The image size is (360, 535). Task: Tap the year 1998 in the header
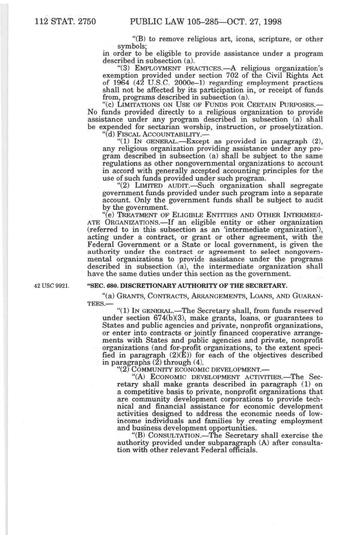pyautogui.click(x=270, y=21)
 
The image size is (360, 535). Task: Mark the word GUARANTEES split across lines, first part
pyautogui.click(x=306, y=296)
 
